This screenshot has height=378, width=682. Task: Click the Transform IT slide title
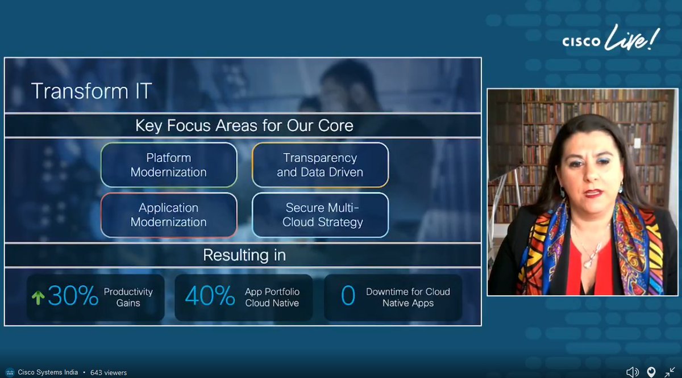point(91,91)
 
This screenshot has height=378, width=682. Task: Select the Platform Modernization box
point(169,165)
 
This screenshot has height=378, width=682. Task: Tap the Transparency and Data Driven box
point(320,165)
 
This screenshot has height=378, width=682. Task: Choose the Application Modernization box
point(169,215)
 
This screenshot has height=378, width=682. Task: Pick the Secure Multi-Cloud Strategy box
point(320,215)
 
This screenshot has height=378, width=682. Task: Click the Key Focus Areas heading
point(244,125)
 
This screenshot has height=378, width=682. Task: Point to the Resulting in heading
point(244,255)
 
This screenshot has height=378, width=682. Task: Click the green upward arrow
point(38,297)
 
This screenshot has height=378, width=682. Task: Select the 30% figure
point(72,296)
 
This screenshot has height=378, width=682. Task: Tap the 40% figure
point(210,296)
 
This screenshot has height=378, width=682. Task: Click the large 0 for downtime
point(348,296)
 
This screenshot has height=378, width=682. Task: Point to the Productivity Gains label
point(128,297)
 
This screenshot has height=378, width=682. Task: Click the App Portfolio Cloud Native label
point(272,297)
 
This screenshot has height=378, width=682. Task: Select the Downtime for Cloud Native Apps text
point(407,297)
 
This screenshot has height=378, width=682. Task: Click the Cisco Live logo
point(611,40)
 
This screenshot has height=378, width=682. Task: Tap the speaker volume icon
point(632,372)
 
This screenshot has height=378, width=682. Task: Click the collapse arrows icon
point(669,372)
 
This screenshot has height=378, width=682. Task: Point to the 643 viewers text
point(109,373)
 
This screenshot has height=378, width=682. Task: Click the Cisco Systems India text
point(48,373)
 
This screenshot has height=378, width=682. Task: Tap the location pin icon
point(651,372)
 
